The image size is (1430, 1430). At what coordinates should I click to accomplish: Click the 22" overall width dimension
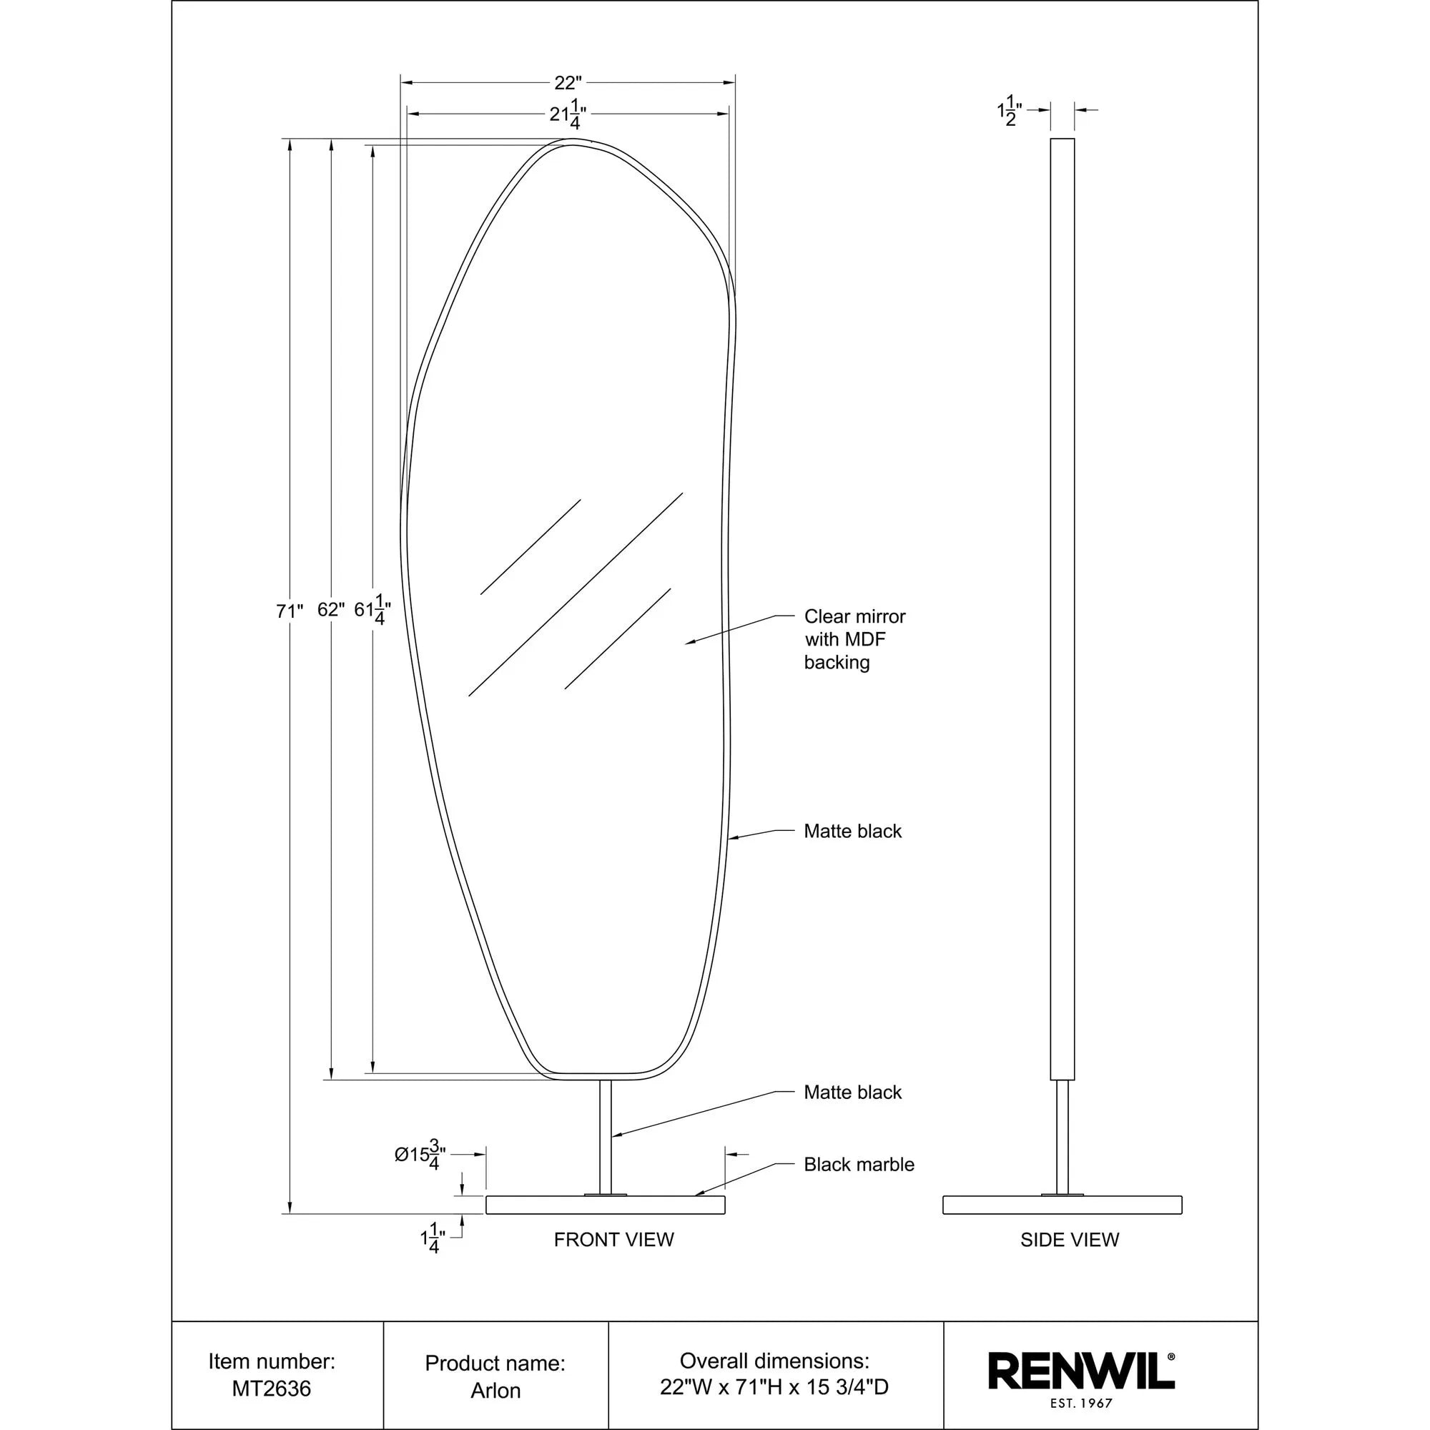coord(568,83)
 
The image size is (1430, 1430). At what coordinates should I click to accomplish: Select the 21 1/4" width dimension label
coord(568,114)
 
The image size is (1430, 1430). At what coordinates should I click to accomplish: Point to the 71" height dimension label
coord(290,611)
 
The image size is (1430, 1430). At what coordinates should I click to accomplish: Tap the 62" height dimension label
coord(331,610)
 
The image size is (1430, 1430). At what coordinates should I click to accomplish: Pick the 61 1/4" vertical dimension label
coord(373,611)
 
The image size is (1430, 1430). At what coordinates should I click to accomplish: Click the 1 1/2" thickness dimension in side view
coord(1010,112)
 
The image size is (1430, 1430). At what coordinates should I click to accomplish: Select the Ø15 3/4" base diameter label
coord(420,1154)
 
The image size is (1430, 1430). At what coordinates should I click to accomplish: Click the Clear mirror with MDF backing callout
coord(854,639)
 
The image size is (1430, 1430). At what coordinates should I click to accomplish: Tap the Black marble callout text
coord(859,1164)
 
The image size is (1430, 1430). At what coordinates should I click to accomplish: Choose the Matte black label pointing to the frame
coord(853,832)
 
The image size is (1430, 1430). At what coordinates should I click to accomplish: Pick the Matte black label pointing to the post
coord(853,1092)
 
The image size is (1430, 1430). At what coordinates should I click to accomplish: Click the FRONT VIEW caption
coord(613,1240)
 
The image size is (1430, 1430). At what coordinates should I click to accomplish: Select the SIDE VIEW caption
coord(1070,1240)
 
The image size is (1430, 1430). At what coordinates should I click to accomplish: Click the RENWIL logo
coord(1081,1371)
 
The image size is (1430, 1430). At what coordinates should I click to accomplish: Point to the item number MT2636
coord(272,1389)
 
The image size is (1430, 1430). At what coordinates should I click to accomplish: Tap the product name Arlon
coord(495,1390)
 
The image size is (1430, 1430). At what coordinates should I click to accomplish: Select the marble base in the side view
coord(1062,1205)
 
